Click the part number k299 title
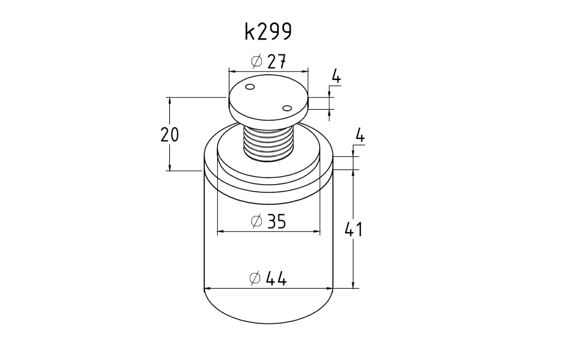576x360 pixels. [268, 31]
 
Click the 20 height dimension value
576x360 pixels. [170, 135]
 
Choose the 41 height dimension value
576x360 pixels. [354, 229]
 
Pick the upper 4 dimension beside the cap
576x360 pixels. [336, 76]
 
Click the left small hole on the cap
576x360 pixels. [250, 87]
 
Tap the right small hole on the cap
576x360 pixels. [287, 108]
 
